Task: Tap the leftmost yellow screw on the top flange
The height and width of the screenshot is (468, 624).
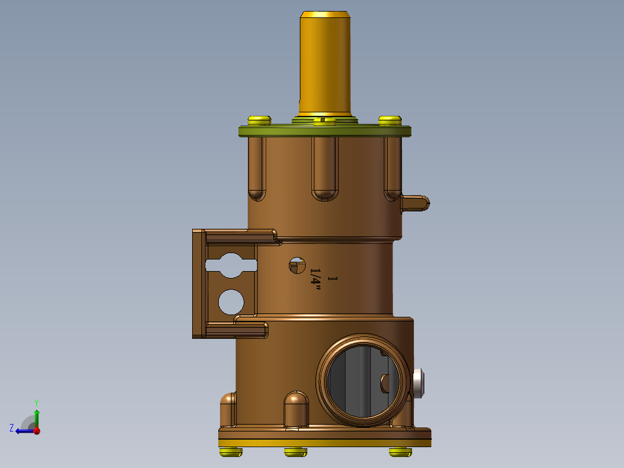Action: click(x=259, y=120)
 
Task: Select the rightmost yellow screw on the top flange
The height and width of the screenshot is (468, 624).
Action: click(x=390, y=120)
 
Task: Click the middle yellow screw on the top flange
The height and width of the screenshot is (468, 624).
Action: click(x=324, y=122)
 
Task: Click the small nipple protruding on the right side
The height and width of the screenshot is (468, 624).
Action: click(x=416, y=203)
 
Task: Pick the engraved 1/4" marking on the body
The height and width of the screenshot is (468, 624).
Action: click(x=316, y=277)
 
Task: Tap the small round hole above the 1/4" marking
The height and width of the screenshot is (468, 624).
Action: click(x=297, y=265)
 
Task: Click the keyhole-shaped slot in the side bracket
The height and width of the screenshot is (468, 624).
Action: click(x=231, y=265)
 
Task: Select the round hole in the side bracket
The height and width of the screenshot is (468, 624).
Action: click(x=231, y=301)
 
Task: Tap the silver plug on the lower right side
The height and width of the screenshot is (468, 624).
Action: click(x=420, y=383)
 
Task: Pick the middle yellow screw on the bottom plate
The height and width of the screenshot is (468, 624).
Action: click(x=295, y=452)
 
